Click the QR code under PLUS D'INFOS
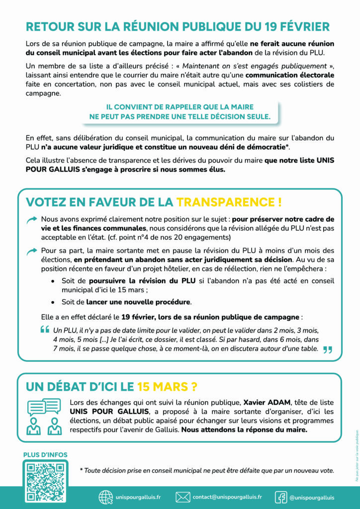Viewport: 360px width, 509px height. pos(45,482)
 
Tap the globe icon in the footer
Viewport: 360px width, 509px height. pos(106,497)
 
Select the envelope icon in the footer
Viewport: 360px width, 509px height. pos(183,497)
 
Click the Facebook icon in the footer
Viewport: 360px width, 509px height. pos(281,497)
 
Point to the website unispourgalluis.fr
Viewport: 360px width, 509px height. pos(138,497)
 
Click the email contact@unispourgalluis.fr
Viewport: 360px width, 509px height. pos(227,497)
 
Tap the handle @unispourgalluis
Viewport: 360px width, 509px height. pos(311,497)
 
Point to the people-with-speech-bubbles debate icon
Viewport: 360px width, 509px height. pos(45,416)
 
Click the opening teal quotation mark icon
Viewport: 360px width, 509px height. pos(45,330)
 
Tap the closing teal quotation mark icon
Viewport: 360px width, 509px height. pos(327,349)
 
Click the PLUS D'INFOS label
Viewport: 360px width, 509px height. pos(45,454)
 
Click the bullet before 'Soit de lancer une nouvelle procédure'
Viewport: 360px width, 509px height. pos(53,302)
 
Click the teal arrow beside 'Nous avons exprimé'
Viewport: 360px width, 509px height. pos(32,219)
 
